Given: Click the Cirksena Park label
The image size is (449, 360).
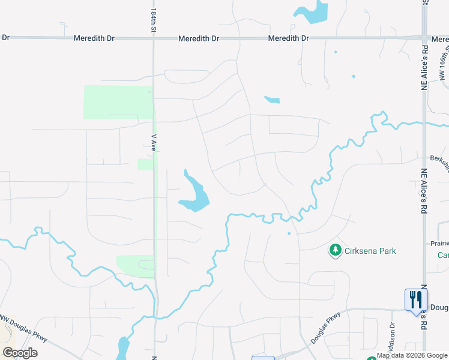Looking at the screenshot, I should tap(370, 251).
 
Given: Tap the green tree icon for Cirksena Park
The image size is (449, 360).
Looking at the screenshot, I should tap(335, 250).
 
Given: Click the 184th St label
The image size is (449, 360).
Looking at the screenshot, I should tap(153, 20).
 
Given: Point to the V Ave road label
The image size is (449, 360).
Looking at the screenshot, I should tap(153, 142).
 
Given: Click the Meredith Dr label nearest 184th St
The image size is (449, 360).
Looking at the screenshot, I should tap(94, 38).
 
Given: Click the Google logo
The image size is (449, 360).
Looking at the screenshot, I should tap(20, 353).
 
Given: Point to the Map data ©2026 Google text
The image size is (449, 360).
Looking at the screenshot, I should tap(412, 356).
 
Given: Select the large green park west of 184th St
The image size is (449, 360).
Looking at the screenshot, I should tap(118, 101).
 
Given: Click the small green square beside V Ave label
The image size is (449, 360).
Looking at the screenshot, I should tap(145, 164).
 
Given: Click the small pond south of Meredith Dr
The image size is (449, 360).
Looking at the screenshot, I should tap(272, 100).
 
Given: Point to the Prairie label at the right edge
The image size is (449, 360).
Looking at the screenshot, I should tap(439, 243).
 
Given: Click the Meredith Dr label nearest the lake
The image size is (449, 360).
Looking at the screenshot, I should tap(288, 38).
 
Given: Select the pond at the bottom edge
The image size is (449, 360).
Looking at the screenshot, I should tap(124, 348).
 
